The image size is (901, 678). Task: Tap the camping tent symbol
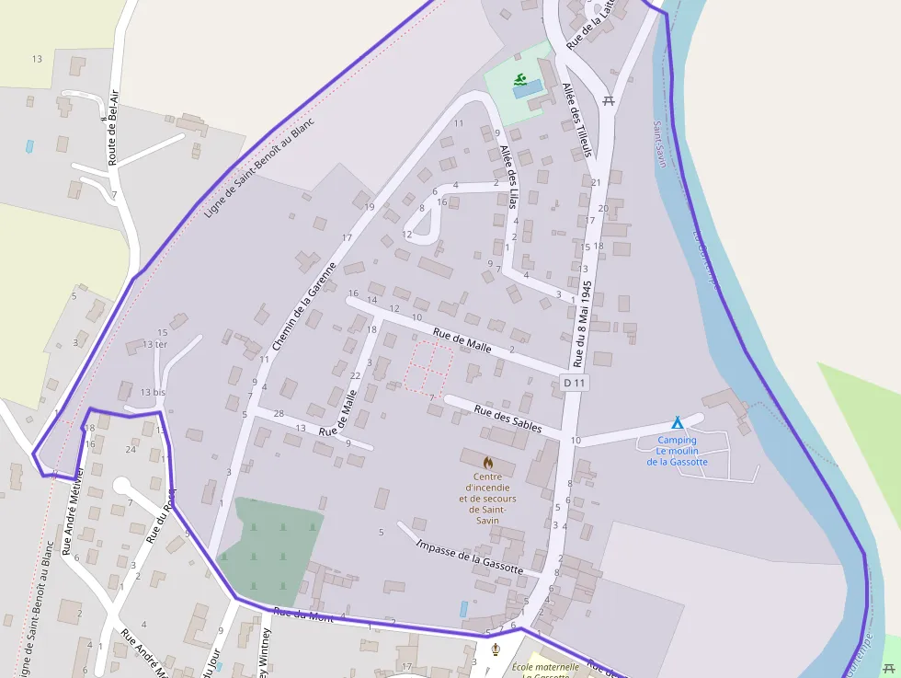677,423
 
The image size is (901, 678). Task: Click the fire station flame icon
488,460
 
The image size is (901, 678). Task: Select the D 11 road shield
575,382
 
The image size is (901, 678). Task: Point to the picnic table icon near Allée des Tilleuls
608,101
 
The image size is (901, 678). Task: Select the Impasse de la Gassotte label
469,557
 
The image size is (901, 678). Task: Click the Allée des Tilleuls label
576,120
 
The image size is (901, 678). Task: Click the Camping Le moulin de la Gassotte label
677,451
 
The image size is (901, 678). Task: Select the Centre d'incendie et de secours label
487,498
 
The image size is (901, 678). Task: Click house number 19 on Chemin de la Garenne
370,207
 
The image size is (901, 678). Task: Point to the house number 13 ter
154,344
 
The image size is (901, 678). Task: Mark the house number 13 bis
152,392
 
